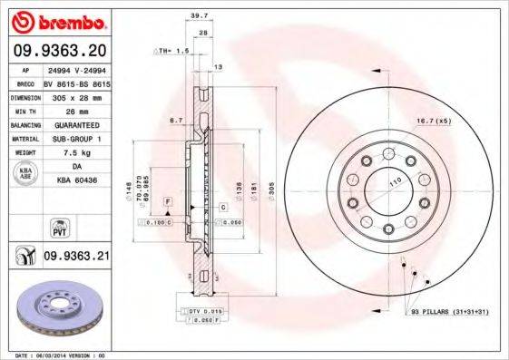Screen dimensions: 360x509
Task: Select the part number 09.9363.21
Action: [76, 257]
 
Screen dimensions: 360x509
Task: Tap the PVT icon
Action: [24, 221]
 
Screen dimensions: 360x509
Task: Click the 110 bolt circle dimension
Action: [396, 183]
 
